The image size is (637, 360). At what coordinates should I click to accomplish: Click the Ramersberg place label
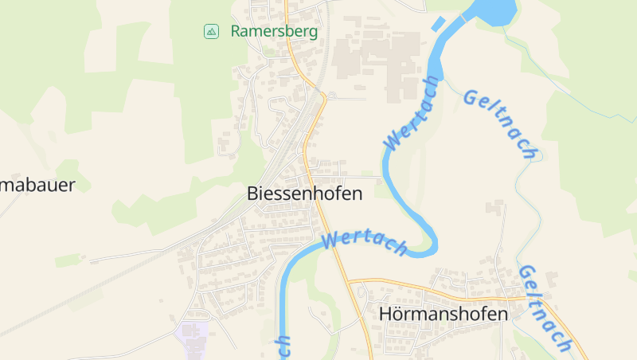(274, 32)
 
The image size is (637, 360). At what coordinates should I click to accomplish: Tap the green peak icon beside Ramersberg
(211, 32)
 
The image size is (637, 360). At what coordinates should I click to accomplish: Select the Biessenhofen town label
(304, 194)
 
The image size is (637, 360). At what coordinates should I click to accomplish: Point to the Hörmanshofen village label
(444, 314)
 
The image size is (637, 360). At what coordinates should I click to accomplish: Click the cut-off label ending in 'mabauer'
(37, 186)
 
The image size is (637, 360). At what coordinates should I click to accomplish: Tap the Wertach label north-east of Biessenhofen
(412, 113)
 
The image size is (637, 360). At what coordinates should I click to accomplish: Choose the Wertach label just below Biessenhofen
(365, 241)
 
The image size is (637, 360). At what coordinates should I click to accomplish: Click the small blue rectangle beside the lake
(438, 23)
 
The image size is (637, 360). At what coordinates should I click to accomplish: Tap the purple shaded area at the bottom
(192, 332)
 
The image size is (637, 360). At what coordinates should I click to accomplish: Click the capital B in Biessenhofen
(253, 194)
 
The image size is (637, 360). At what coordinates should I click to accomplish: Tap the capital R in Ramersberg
(236, 32)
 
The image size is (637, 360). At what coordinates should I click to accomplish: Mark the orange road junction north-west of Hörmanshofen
(349, 281)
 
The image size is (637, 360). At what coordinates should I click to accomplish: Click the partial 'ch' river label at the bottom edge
(283, 347)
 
